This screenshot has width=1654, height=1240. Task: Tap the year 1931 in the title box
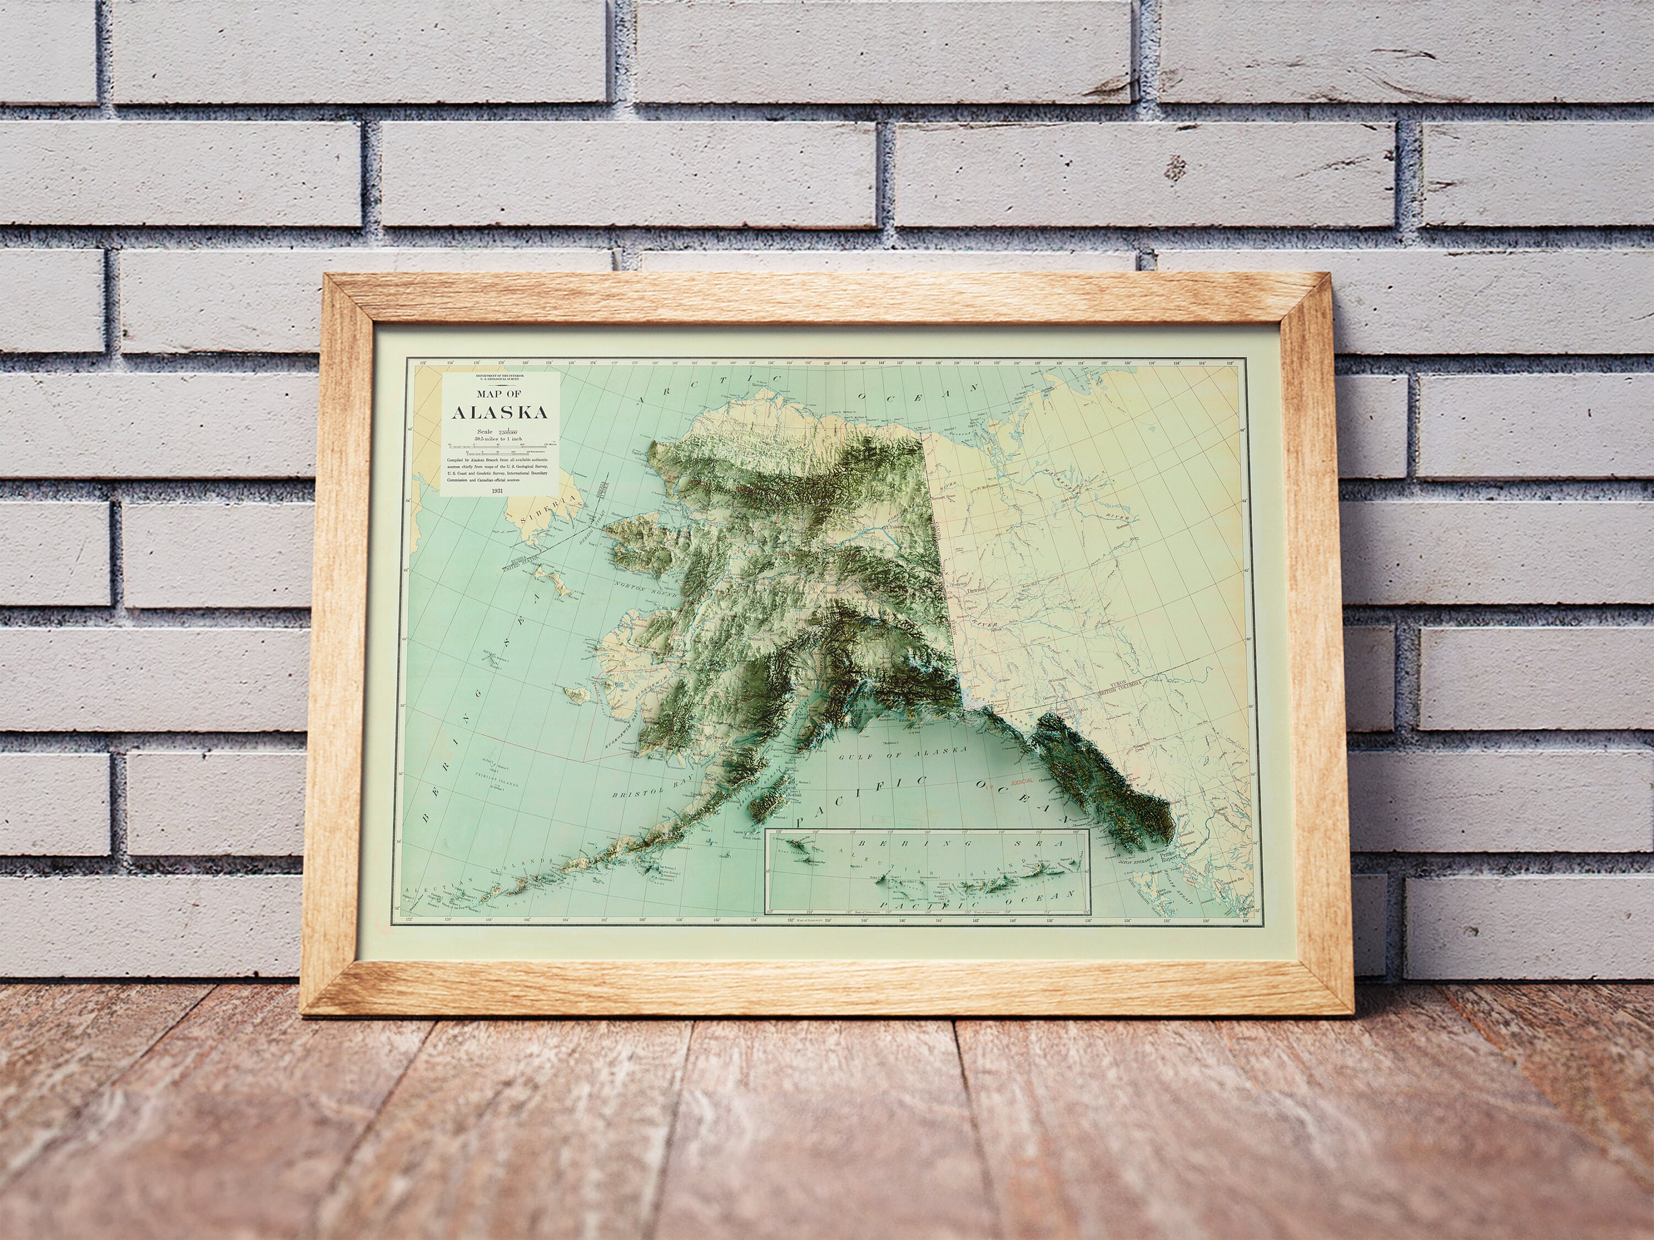498,489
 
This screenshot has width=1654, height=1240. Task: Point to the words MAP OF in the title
499,394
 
